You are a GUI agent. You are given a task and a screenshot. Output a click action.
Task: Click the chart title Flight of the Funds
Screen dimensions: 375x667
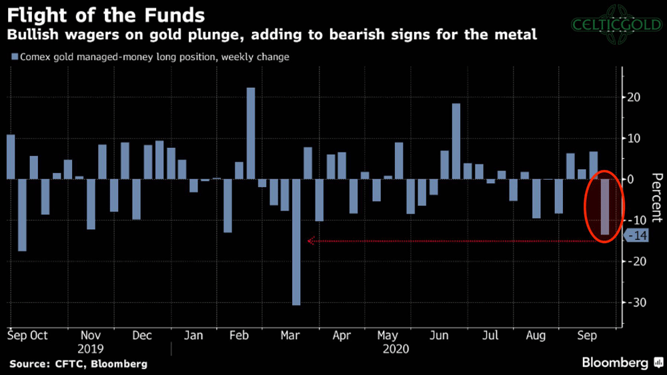[x=106, y=14]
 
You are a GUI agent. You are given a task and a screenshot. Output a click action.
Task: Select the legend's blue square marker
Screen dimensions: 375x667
[x=15, y=57]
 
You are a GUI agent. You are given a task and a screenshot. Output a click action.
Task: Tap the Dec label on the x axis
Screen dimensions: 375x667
[x=142, y=335]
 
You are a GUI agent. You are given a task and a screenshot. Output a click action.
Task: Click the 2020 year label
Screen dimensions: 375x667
[x=396, y=348]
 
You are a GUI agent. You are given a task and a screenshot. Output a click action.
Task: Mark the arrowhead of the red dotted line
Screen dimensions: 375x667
[x=309, y=241]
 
